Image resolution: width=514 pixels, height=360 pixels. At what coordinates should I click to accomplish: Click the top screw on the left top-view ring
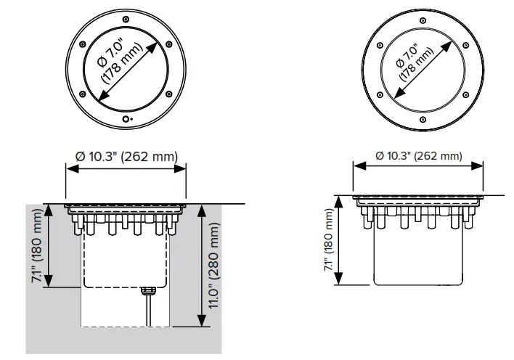pyautogui.click(x=126, y=17)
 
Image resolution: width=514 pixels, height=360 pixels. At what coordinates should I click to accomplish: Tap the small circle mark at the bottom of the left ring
pyautogui.click(x=126, y=118)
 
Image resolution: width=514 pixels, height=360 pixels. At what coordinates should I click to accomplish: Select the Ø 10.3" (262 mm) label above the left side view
pyautogui.click(x=126, y=156)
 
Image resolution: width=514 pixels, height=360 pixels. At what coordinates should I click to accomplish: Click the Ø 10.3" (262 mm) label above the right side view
pyautogui.click(x=419, y=156)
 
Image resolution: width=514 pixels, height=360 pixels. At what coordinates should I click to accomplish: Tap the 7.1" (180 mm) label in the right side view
pyautogui.click(x=331, y=241)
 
